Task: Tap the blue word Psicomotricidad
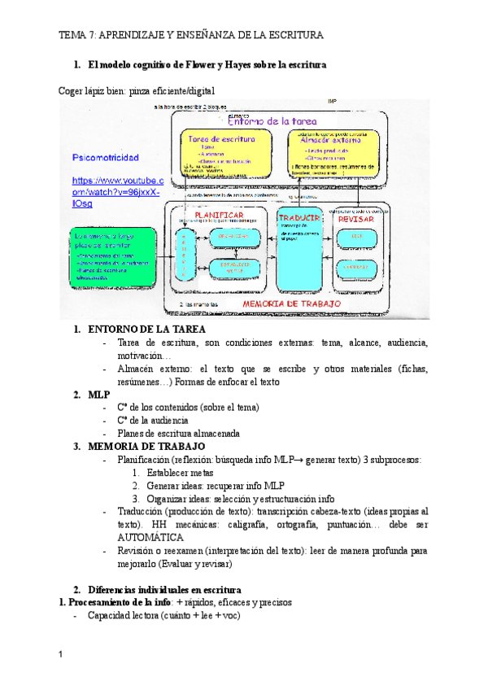(105, 157)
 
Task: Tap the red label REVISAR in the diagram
(355, 219)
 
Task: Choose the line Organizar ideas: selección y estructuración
(241, 499)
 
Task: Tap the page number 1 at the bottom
(62, 654)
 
